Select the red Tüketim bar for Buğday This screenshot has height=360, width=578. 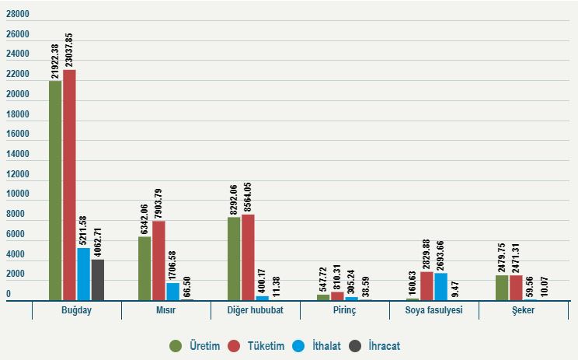[x=69, y=185]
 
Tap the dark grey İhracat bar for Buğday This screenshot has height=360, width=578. [x=97, y=280]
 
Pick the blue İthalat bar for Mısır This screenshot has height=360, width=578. [x=172, y=292]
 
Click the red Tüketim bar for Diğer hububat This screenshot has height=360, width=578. [x=248, y=257]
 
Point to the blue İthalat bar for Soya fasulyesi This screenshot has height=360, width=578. [x=440, y=286]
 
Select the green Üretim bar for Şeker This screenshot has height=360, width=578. [x=502, y=288]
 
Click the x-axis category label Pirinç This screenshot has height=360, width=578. [x=344, y=310]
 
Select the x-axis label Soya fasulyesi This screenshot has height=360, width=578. [x=433, y=310]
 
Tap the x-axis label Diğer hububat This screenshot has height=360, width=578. [x=255, y=310]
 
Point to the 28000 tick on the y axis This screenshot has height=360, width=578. [x=17, y=15]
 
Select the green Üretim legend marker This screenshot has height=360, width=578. [x=176, y=345]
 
